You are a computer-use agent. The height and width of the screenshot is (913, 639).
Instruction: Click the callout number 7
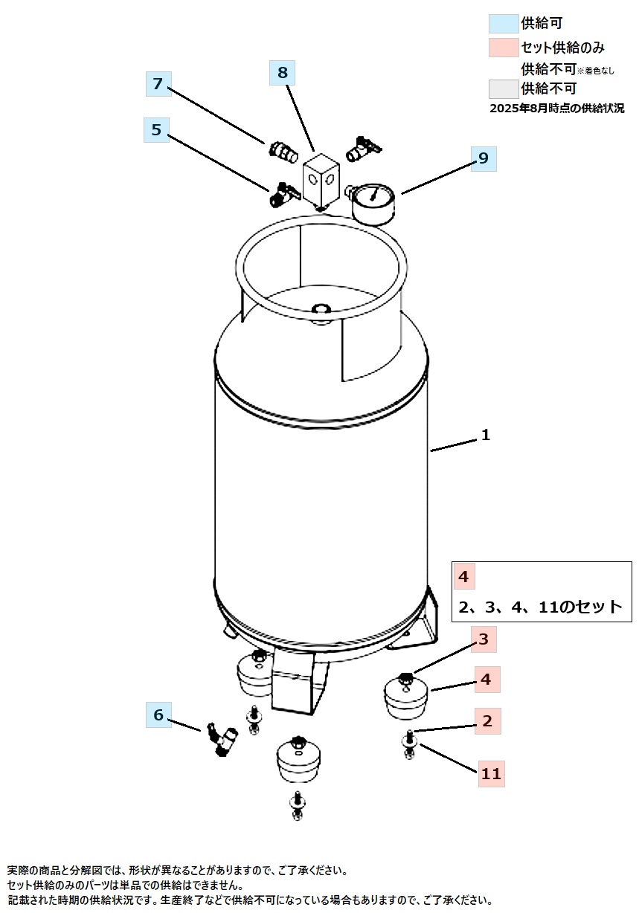point(158,84)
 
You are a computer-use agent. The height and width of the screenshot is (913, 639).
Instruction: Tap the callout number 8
point(282,73)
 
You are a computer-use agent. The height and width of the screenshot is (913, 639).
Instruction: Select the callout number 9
point(484,158)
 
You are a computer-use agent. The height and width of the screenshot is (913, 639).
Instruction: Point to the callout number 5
point(156,130)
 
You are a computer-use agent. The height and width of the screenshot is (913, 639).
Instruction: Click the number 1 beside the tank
point(485,435)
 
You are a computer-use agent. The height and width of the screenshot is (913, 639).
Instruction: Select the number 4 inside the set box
point(463,577)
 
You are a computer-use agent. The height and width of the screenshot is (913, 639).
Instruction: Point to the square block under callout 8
point(321,181)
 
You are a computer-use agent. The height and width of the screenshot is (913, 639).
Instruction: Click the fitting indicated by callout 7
point(283,153)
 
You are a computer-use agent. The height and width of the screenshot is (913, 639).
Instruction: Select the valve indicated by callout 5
point(285,194)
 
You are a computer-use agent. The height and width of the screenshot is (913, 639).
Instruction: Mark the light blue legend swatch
point(504,24)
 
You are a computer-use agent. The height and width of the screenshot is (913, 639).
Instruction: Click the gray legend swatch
point(504,89)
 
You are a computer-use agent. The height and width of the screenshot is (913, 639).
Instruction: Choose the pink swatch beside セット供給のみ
point(504,48)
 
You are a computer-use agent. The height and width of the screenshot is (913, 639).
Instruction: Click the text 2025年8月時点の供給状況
point(556,109)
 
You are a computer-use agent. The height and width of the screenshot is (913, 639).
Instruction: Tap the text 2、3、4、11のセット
point(540,607)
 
